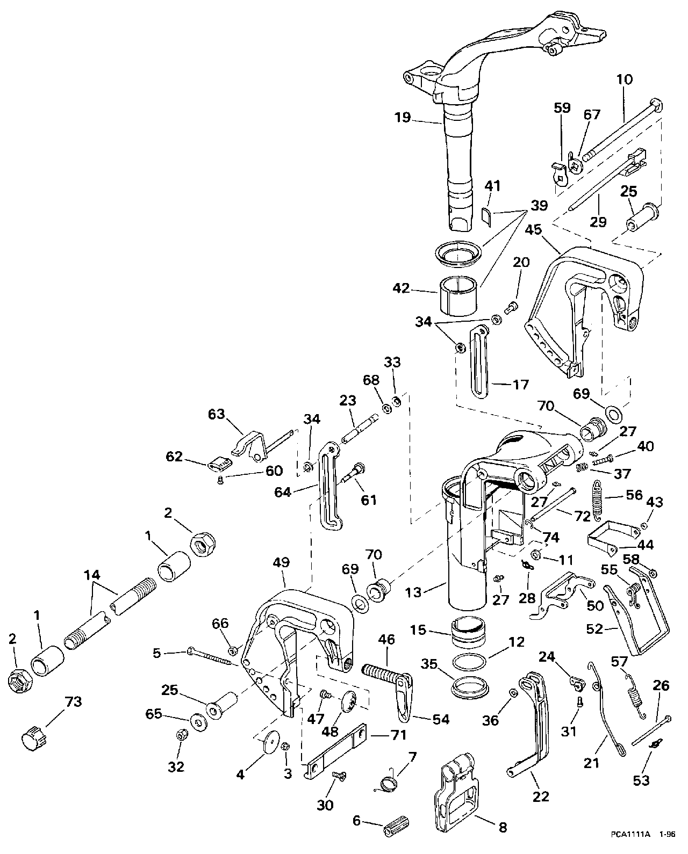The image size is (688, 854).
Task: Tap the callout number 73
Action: (x=73, y=702)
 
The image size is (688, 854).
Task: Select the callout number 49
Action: (x=281, y=563)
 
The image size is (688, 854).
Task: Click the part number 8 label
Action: (x=503, y=827)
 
